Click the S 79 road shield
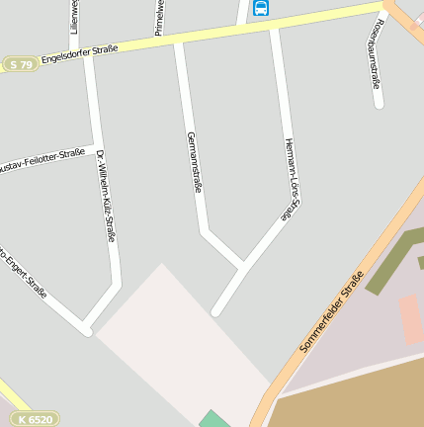tap(19, 64)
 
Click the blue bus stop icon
tap(261, 9)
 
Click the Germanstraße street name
tap(194, 161)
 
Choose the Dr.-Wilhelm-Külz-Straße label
tap(106, 196)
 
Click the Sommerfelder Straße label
tap(332, 311)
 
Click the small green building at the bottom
tap(213, 419)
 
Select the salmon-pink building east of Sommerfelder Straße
tap(411, 318)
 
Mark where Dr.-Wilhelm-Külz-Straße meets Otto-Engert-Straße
tap(87, 329)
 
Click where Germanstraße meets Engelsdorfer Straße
tap(179, 43)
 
